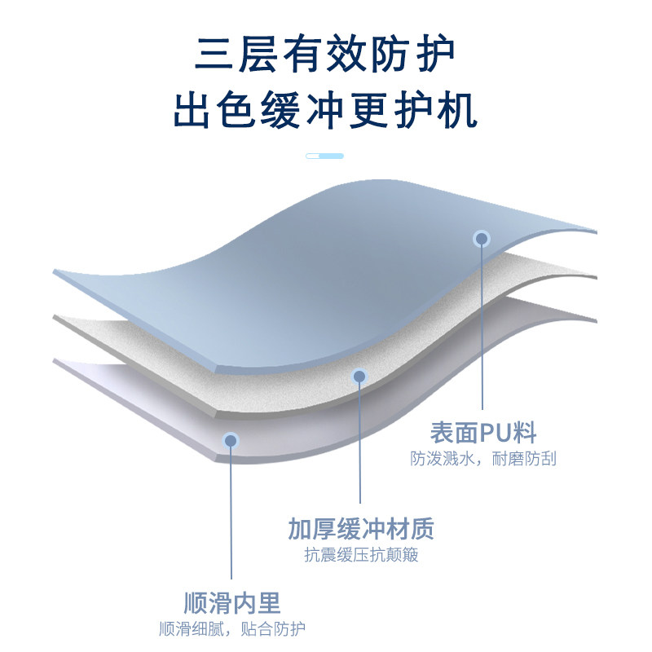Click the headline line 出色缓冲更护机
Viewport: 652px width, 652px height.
[x=324, y=111]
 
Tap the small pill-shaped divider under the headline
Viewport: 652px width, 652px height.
[x=324, y=156]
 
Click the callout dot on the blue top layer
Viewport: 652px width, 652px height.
[x=482, y=239]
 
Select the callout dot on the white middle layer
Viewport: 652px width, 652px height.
[x=359, y=377]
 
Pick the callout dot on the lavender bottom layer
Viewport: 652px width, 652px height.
[x=231, y=440]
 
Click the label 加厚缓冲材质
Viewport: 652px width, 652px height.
[x=360, y=530]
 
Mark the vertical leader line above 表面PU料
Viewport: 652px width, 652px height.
[x=482, y=326]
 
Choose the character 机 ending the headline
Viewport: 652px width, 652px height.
[x=457, y=111]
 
